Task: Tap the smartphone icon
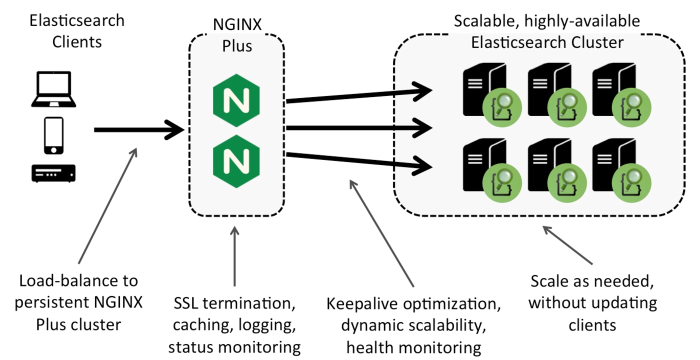coord(53,135)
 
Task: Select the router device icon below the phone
coord(53,173)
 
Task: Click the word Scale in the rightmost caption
coord(549,281)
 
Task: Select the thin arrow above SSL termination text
coord(234,255)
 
